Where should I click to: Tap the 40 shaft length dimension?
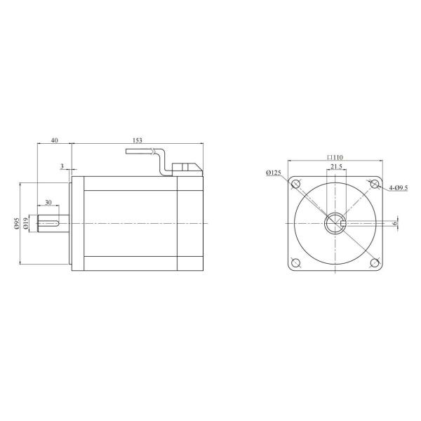point(54,140)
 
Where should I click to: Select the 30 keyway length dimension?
point(48,203)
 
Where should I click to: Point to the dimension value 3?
point(62,166)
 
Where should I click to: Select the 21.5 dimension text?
point(336,167)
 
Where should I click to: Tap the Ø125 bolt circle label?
point(274,173)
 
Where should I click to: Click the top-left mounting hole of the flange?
point(296,185)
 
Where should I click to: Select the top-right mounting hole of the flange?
point(373,185)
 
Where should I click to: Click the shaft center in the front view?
point(334,224)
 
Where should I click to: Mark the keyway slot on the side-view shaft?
point(48,223)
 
